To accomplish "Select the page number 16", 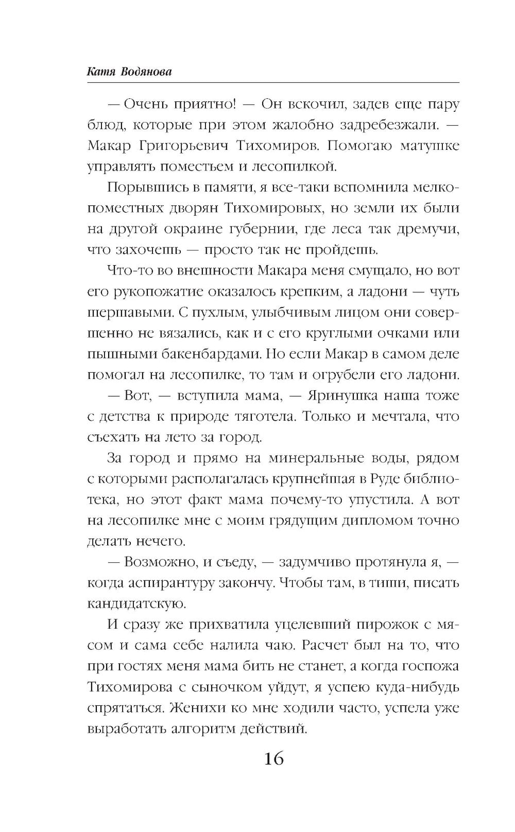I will click(x=273, y=758).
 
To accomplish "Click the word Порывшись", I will click(x=140, y=187).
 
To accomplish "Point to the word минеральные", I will click(x=316, y=458).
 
